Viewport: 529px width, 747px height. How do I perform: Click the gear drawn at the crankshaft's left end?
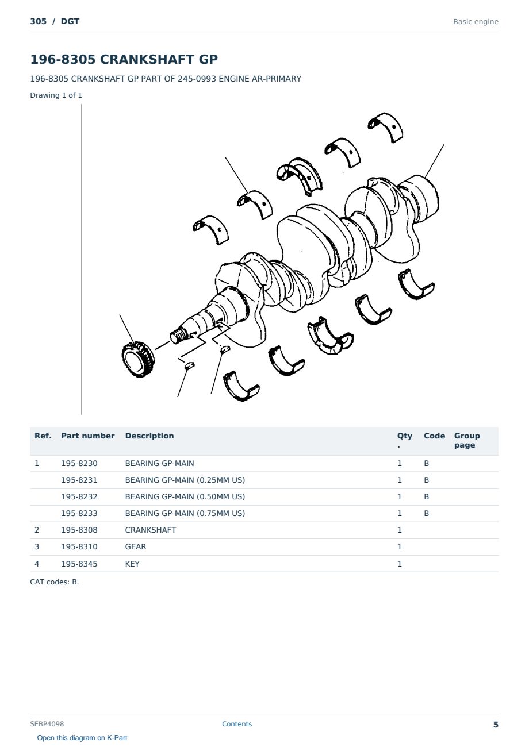pos(137,360)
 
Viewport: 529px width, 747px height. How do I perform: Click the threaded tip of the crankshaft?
pos(177,336)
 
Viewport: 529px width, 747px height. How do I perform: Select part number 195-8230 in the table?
pos(79,463)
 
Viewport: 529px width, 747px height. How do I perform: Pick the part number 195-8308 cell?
pos(79,530)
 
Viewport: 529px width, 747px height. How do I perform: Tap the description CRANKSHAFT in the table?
pos(151,530)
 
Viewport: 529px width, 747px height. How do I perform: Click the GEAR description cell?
pos(136,546)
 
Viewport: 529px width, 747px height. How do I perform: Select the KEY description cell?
pos(132,564)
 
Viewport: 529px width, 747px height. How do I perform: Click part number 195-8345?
pos(79,564)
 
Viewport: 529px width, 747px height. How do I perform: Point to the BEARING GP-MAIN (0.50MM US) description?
pos(185,496)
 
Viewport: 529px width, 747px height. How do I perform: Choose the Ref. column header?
pos(43,436)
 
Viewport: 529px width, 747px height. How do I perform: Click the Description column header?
pos(149,436)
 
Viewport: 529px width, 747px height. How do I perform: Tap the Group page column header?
pos(467,440)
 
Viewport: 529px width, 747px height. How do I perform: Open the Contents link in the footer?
pos(237,723)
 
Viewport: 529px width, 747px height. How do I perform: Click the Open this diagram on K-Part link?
pos(82,738)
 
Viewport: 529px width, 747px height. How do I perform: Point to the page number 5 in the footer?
pos(496,725)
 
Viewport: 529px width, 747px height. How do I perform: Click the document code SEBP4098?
pos(47,723)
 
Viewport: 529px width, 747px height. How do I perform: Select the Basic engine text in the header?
pos(476,22)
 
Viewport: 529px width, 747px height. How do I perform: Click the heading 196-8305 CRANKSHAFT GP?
pos(124,59)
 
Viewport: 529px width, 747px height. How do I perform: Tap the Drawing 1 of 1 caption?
pos(56,95)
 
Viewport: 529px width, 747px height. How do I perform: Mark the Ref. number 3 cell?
pos(37,546)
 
